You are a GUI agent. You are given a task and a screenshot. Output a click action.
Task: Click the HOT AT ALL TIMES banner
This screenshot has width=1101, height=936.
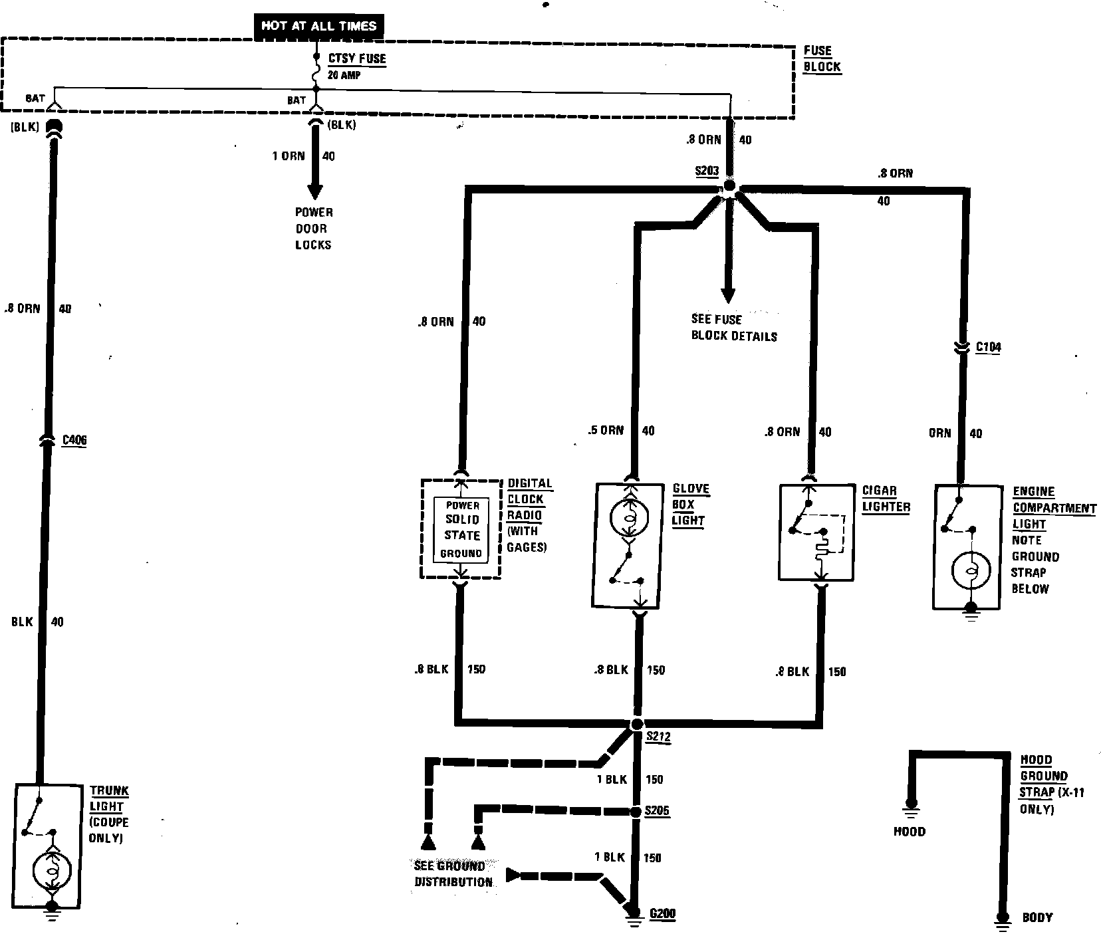319,27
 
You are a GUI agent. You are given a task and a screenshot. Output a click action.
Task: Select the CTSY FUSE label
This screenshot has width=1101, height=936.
356,58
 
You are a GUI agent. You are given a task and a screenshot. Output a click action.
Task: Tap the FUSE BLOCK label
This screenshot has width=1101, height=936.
822,58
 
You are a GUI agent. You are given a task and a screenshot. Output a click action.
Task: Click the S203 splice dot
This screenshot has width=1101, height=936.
729,187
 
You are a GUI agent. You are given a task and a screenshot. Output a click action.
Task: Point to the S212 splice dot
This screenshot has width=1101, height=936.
637,724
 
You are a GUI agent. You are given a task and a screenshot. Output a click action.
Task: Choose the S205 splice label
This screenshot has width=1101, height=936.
657,812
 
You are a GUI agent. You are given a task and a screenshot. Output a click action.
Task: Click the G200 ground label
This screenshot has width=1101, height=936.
662,913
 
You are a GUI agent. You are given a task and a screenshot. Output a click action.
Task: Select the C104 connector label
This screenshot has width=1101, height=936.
988,347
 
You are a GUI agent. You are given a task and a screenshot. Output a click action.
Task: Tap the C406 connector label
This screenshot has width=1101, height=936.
74,440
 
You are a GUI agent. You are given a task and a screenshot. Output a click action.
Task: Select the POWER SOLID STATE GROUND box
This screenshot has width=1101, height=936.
462,529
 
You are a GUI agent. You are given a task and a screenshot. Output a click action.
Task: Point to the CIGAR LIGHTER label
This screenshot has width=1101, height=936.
886,499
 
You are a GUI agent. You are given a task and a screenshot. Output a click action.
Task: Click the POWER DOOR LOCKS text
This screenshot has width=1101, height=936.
314,229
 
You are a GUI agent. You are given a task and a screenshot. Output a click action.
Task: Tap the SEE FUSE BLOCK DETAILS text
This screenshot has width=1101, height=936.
733,328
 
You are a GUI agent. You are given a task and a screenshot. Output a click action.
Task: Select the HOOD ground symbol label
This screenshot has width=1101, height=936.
909,832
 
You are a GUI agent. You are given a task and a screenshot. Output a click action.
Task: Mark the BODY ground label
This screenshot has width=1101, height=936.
1037,917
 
